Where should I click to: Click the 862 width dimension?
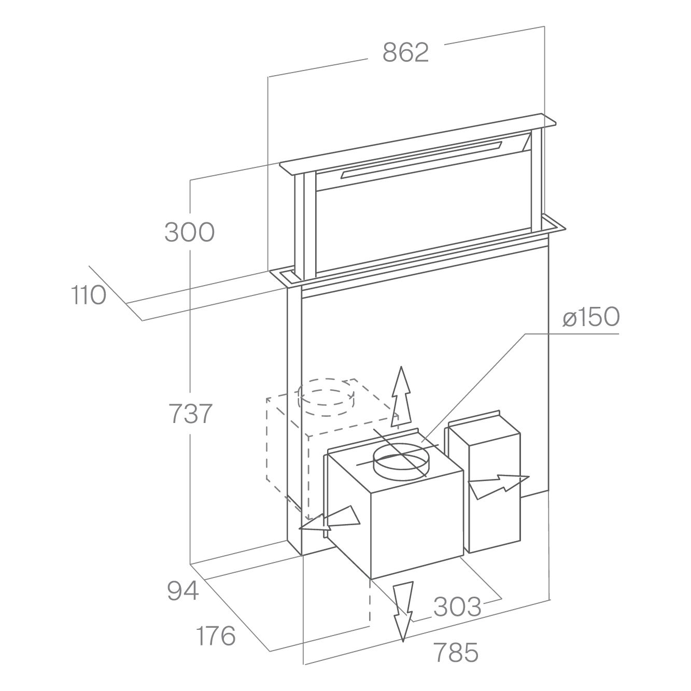pos(405,52)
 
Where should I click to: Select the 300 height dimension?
pos(189,232)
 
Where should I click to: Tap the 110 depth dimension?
pos(89,295)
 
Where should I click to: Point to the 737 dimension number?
pos(190,414)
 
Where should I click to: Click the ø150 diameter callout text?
pos(591,316)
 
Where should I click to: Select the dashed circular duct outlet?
pos(326,397)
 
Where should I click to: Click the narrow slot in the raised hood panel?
pos(421,160)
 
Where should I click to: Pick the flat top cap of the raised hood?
pos(418,144)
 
